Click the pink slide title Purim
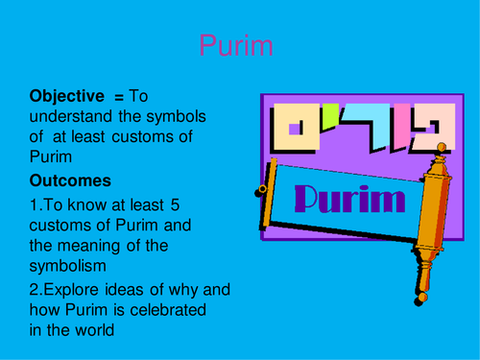click(235, 46)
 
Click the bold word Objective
click(66, 96)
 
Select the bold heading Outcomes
click(70, 180)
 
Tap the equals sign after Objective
click(120, 97)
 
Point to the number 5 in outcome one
click(174, 204)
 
